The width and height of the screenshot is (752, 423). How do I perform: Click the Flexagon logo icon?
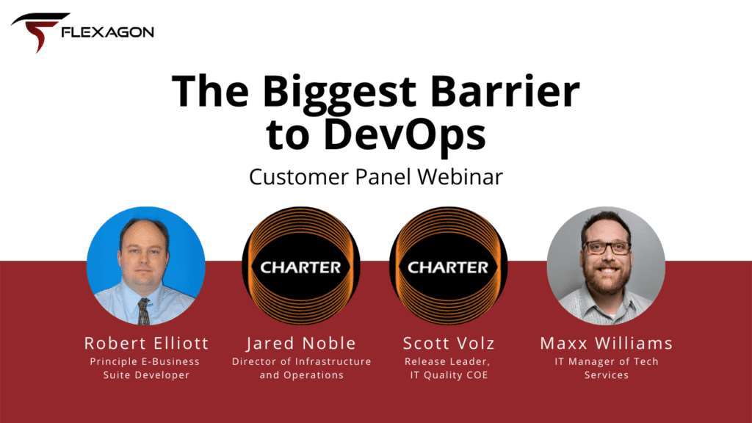click(x=36, y=32)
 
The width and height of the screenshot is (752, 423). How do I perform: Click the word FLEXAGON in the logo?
click(x=108, y=32)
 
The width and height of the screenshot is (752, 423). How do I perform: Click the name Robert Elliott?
click(x=146, y=343)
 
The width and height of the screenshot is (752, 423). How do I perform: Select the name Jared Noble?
click(x=301, y=343)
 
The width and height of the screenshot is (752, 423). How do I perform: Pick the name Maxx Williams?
click(x=606, y=343)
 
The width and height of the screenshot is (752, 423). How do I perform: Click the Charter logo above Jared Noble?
click(x=301, y=266)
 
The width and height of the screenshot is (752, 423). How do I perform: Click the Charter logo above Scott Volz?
click(x=448, y=266)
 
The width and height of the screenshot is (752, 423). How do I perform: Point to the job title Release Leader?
click(x=448, y=361)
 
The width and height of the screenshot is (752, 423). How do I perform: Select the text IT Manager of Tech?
click(x=606, y=361)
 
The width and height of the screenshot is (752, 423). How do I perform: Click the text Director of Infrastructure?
click(x=301, y=361)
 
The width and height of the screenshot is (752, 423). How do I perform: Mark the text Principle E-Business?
click(x=145, y=361)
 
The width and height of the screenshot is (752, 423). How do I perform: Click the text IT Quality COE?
click(x=448, y=375)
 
